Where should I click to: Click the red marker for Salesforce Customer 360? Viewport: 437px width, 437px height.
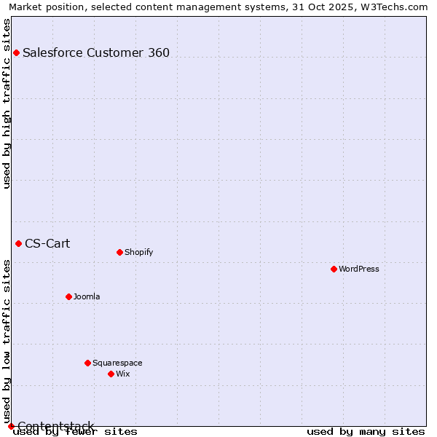click(x=16, y=52)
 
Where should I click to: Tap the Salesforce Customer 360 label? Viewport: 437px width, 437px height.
click(x=96, y=52)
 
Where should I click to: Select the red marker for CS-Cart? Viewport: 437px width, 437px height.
click(x=18, y=243)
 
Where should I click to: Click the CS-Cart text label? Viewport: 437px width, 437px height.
click(x=47, y=243)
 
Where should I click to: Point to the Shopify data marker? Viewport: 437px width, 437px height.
click(x=119, y=252)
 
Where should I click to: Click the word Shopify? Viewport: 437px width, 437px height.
click(x=138, y=252)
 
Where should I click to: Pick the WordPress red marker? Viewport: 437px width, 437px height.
click(x=334, y=269)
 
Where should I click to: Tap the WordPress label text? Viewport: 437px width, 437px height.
click(x=358, y=269)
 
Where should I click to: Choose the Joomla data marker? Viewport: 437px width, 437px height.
click(x=68, y=296)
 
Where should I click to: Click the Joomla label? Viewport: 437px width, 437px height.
click(x=87, y=296)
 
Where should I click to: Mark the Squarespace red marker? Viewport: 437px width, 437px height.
click(x=87, y=363)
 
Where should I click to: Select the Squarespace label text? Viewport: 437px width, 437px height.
click(x=117, y=363)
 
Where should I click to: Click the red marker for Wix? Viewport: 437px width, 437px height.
click(x=111, y=374)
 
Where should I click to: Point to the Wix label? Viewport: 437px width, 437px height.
click(x=122, y=374)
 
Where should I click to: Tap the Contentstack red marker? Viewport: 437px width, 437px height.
click(x=11, y=426)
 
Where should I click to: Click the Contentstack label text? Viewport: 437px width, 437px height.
click(x=55, y=426)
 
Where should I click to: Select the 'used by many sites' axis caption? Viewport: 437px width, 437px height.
click(x=366, y=431)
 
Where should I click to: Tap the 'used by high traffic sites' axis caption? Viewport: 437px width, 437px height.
click(x=7, y=103)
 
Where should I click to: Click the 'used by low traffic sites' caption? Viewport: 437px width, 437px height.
click(x=7, y=341)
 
